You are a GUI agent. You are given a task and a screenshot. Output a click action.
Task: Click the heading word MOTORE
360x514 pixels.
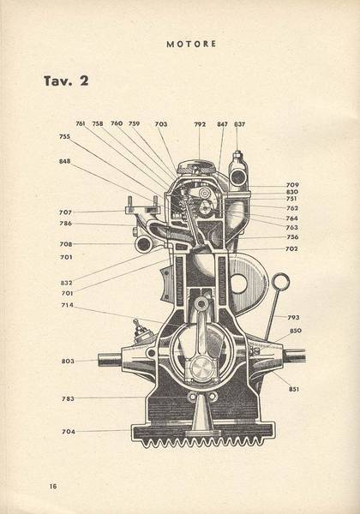click(x=191, y=44)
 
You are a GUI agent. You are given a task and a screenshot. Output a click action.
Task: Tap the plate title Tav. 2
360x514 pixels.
click(x=66, y=81)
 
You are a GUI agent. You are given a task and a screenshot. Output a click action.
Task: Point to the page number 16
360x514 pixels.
click(x=53, y=486)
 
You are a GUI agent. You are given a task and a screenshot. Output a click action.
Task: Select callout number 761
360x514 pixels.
click(x=81, y=123)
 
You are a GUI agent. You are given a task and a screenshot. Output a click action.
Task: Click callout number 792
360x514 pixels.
click(x=200, y=124)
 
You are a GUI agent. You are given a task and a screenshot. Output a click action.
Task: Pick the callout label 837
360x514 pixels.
click(x=239, y=124)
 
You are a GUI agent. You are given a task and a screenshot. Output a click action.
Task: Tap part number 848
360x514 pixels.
click(x=64, y=161)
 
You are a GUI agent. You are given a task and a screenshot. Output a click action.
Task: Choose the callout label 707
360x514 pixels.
click(x=65, y=212)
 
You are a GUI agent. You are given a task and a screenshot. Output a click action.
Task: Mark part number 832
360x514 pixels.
click(x=66, y=283)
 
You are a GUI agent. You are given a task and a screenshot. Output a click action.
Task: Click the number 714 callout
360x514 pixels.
click(x=67, y=305)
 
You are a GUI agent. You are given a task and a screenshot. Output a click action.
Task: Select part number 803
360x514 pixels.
click(x=68, y=362)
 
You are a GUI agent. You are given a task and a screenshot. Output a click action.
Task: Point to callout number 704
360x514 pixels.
click(x=69, y=432)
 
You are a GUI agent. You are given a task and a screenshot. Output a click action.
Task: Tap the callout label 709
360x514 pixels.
click(x=292, y=185)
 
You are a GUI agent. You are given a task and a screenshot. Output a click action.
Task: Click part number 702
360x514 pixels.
click(x=291, y=248)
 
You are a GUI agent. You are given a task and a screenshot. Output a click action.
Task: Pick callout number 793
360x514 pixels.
click(x=293, y=317)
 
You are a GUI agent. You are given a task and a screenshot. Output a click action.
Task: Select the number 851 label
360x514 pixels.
click(x=294, y=389)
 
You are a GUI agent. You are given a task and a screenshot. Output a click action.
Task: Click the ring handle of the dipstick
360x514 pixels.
click(x=281, y=275)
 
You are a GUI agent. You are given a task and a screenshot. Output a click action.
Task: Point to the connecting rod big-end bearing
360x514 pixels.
click(x=200, y=368)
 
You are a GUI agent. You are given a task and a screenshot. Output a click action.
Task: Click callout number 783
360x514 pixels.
click(x=69, y=399)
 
